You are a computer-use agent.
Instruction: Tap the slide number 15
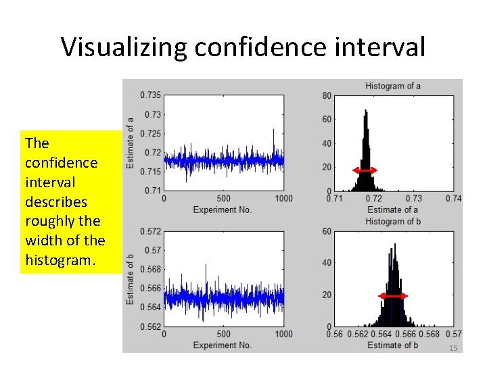[x=453, y=347]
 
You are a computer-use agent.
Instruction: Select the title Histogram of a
[x=393, y=86]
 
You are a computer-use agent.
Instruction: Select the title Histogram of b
[x=393, y=221]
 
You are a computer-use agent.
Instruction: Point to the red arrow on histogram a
[x=365, y=171]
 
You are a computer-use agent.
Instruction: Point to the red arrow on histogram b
[x=393, y=296]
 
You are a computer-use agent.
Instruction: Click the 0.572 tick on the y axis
[x=150, y=231]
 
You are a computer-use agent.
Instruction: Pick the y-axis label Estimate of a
[x=130, y=143]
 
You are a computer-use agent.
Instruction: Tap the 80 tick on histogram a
[x=327, y=95]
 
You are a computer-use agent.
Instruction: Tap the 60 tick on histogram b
[x=327, y=231]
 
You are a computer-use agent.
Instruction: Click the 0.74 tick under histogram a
[x=454, y=199]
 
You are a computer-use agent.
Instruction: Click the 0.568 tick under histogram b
[x=430, y=334]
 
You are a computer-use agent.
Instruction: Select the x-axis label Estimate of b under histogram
[x=393, y=345]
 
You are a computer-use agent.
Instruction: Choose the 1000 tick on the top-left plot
[x=283, y=199]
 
